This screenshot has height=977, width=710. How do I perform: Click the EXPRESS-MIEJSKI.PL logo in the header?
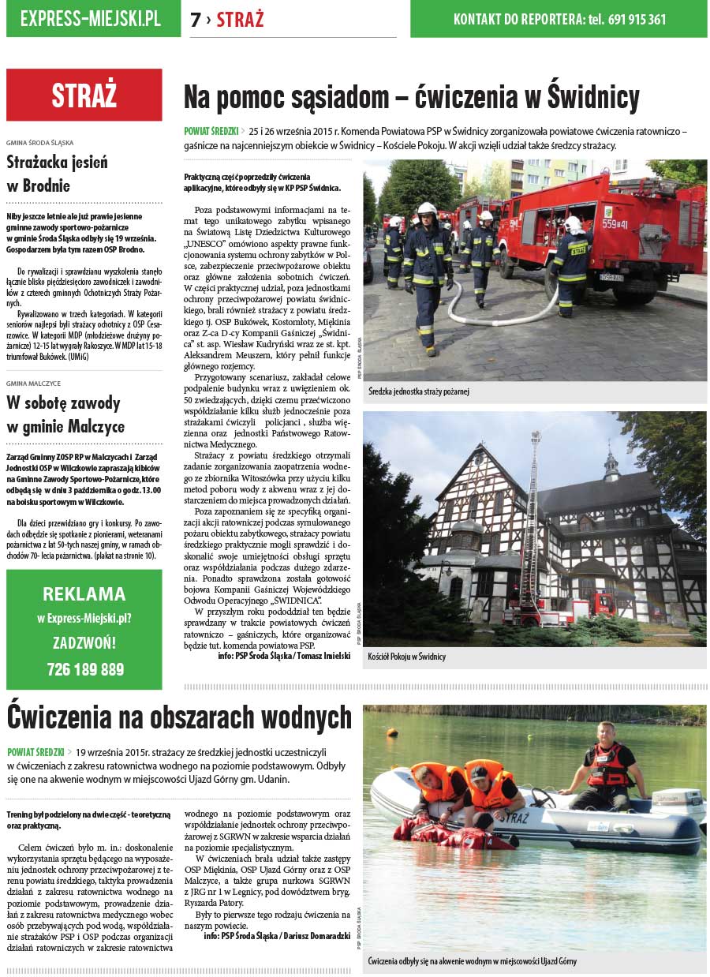(x=90, y=19)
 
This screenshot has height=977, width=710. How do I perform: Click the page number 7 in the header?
(x=195, y=20)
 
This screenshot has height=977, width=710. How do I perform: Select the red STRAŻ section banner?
(x=84, y=95)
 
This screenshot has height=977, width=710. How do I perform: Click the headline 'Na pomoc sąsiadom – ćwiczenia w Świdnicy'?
(x=411, y=98)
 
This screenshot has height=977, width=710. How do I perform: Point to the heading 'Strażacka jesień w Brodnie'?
(x=58, y=174)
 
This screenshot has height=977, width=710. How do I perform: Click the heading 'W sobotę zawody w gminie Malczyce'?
(x=65, y=414)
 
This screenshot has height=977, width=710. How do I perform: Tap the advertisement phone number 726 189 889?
(x=85, y=669)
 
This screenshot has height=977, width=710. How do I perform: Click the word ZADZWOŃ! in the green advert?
(x=84, y=642)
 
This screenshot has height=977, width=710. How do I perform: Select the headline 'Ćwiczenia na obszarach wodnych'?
(x=179, y=717)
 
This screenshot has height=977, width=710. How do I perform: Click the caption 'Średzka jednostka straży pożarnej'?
(x=418, y=391)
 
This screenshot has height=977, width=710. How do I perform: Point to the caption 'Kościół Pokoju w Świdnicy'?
(x=406, y=657)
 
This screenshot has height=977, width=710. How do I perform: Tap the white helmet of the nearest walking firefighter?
(x=428, y=209)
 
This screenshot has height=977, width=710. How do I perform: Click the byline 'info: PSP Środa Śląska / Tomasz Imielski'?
(x=284, y=655)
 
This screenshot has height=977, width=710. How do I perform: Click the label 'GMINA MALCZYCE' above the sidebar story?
(x=33, y=383)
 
